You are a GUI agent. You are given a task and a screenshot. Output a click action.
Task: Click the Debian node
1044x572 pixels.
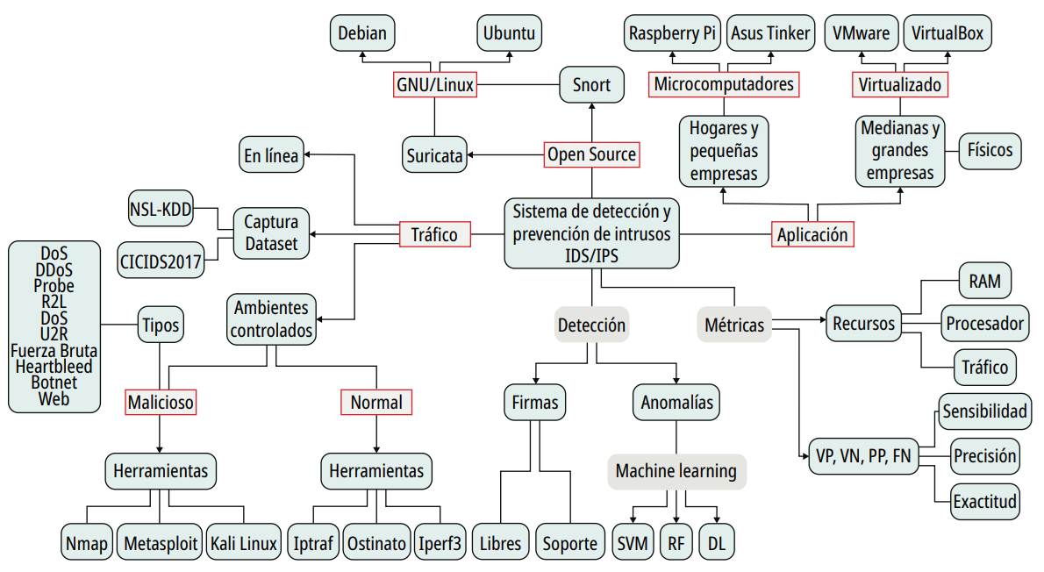(x=363, y=34)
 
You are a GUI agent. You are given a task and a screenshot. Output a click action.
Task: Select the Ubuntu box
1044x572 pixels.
(x=510, y=34)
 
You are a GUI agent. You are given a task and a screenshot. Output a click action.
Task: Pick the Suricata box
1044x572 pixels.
(x=434, y=155)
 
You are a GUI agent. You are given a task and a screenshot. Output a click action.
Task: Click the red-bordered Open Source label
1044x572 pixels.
(x=591, y=154)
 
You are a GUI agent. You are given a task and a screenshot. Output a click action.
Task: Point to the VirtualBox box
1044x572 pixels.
(x=947, y=34)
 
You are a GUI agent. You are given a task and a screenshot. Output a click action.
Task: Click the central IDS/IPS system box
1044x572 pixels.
(x=591, y=234)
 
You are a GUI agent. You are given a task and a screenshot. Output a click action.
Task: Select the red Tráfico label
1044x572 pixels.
(x=434, y=234)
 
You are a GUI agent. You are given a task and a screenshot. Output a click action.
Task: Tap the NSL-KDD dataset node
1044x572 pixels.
(x=161, y=208)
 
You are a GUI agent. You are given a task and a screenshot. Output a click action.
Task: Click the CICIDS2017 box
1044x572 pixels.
(x=161, y=261)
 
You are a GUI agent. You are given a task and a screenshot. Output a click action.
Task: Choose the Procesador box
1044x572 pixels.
(x=984, y=324)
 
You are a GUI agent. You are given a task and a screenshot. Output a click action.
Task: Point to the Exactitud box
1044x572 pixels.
(x=984, y=501)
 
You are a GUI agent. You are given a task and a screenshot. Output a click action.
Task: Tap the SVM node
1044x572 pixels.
(x=632, y=543)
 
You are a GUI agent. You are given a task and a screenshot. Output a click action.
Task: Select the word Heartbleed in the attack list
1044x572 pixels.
(x=54, y=367)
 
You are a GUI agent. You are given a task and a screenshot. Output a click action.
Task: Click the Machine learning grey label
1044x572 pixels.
(x=676, y=471)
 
